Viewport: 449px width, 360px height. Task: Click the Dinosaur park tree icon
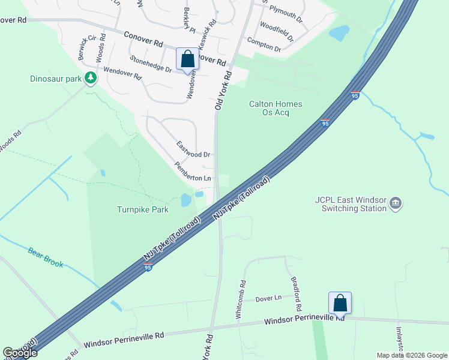tap(90, 77)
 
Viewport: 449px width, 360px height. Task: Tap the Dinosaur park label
tap(56, 79)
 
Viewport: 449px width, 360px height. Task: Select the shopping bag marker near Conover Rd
tap(187, 59)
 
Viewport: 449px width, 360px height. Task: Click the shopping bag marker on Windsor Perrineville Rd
tap(339, 303)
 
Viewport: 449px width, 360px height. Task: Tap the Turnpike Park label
tap(143, 209)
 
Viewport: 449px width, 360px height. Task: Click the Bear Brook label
tap(45, 256)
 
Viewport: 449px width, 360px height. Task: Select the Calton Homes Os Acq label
tap(276, 108)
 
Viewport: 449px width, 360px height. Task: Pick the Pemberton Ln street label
tap(193, 172)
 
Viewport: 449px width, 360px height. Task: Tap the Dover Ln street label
tap(268, 298)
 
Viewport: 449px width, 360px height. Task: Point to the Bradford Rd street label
tap(295, 290)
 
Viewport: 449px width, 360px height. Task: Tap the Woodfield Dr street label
tap(276, 31)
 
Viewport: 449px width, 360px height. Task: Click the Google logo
tap(20, 353)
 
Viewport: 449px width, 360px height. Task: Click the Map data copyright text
tap(412, 355)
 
